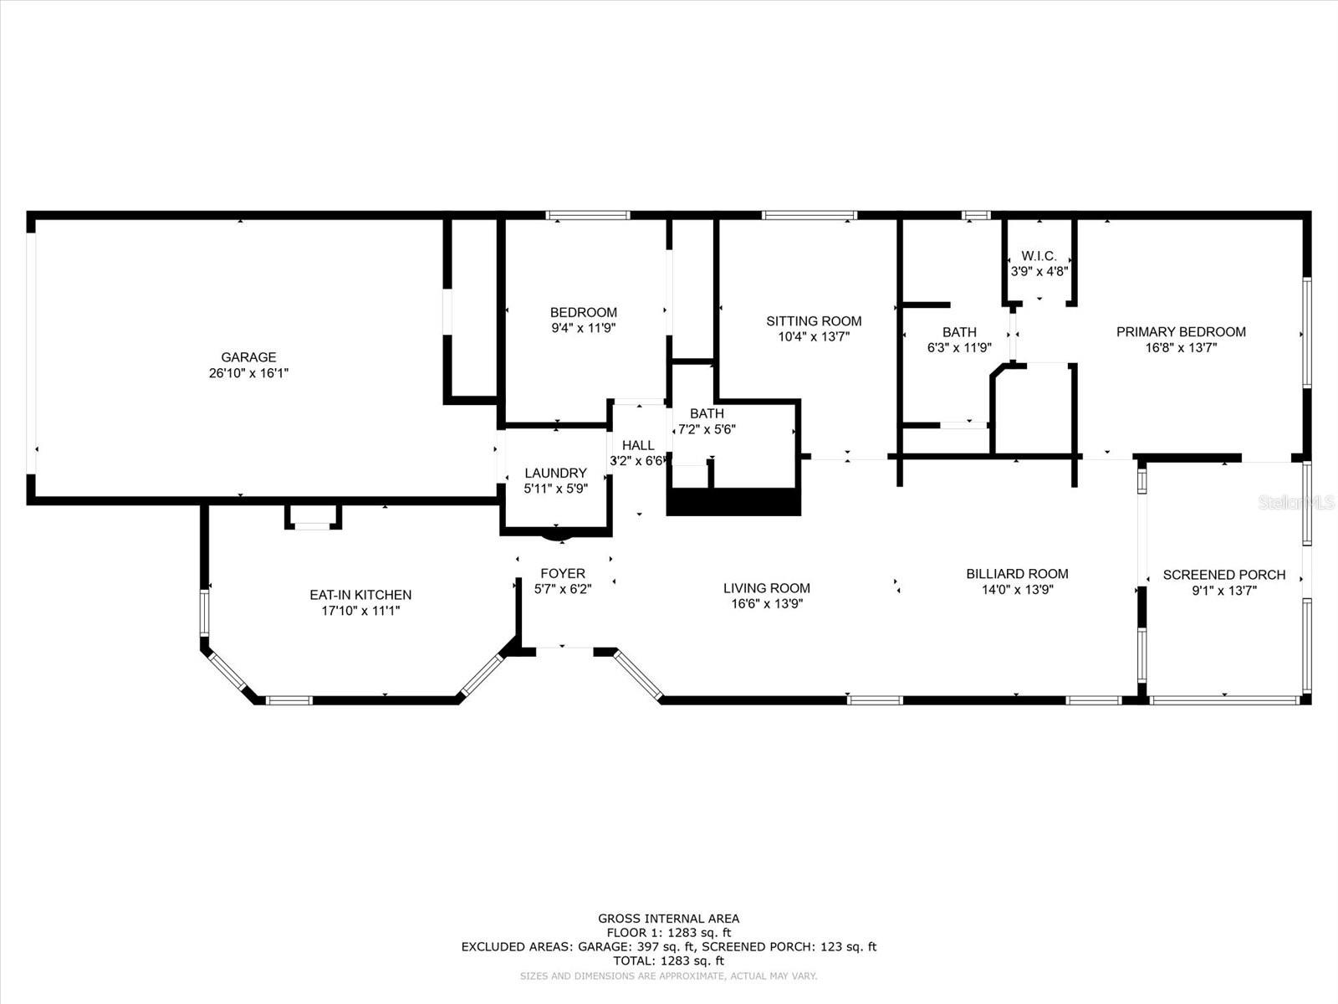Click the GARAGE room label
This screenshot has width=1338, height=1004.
[248, 357]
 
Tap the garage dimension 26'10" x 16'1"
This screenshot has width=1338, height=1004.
[248, 373]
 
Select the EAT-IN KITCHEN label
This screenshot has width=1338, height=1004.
[360, 595]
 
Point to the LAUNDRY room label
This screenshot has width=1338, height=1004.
[555, 473]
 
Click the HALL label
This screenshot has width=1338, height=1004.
[638, 446]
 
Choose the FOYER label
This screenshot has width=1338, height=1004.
[563, 574]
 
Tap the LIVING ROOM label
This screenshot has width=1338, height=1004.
[766, 588]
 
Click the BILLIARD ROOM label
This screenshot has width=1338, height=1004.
[1017, 574]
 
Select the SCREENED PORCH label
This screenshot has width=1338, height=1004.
[1224, 575]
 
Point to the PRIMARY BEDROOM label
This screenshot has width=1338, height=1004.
[1181, 332]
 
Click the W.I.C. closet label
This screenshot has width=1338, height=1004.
[1039, 256]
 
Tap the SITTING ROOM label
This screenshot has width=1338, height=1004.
[814, 321]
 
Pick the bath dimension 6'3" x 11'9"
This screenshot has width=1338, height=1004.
[959, 348]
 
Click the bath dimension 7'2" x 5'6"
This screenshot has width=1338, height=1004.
[707, 429]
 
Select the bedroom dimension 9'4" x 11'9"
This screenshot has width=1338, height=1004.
[584, 329]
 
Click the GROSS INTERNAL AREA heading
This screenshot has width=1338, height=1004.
[668, 919]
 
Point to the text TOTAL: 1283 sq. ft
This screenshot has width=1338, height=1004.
[668, 960]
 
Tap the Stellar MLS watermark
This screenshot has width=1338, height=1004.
[1295, 502]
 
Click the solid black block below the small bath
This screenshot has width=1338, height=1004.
[733, 502]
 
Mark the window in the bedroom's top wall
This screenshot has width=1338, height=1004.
[588, 215]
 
